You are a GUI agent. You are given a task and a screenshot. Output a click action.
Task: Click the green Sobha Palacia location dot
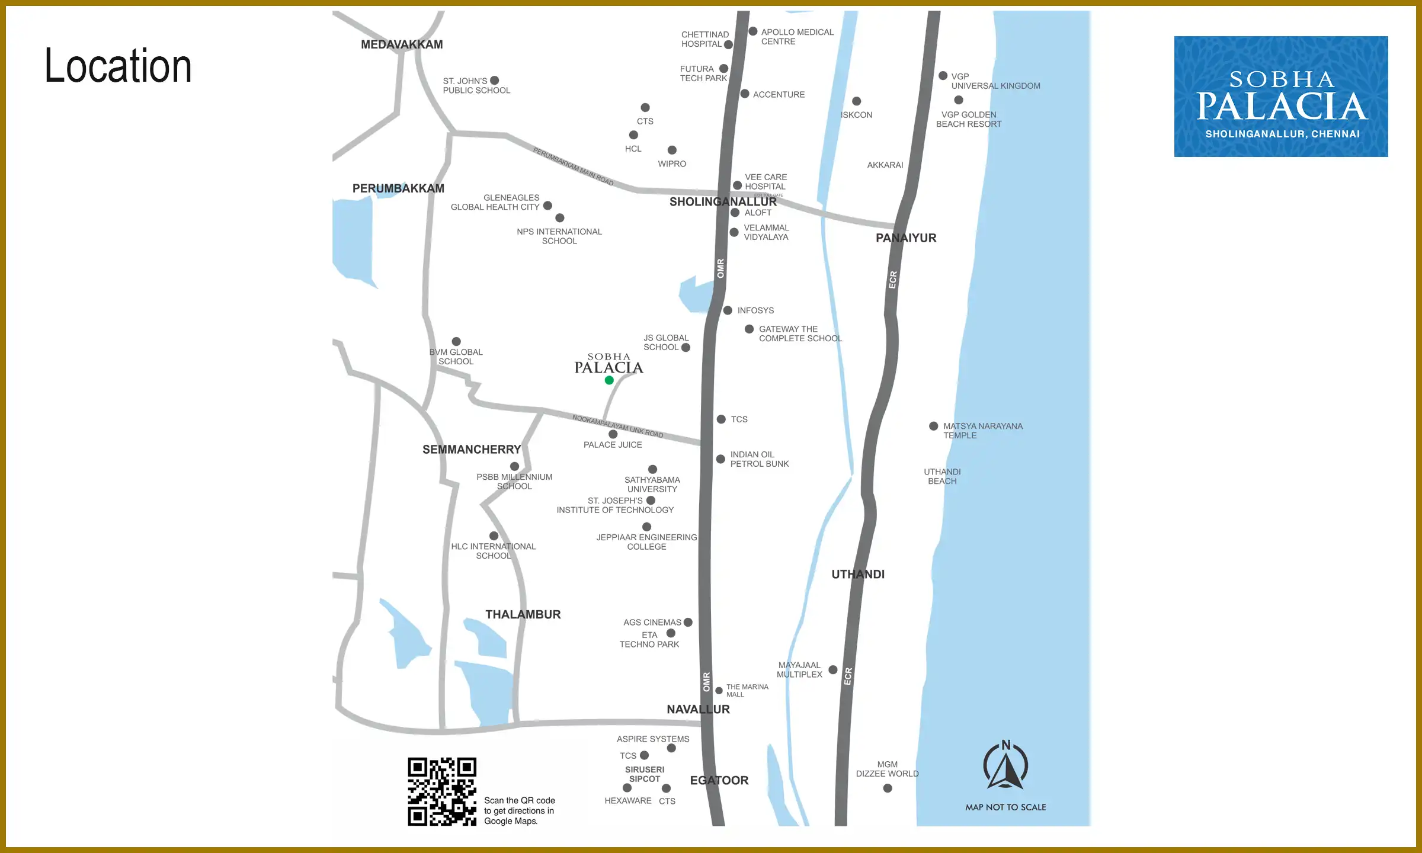[x=609, y=380]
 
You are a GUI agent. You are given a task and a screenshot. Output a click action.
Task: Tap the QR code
[x=442, y=791]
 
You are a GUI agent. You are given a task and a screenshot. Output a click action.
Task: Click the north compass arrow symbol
[x=1005, y=765]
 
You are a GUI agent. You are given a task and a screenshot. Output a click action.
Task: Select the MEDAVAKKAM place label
[x=402, y=44]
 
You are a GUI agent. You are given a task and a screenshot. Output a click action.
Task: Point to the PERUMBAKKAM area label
[x=398, y=188]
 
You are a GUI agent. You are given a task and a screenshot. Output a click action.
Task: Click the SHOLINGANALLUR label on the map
[x=723, y=202]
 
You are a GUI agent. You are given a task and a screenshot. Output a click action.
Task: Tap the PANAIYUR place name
[x=906, y=238]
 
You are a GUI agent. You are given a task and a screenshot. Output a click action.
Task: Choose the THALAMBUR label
[x=523, y=614]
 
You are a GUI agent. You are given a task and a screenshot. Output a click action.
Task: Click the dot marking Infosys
[x=728, y=310]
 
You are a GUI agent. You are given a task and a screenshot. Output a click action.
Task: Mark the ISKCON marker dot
[x=856, y=101]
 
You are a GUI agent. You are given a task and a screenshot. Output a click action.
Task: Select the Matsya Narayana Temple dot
[x=933, y=426]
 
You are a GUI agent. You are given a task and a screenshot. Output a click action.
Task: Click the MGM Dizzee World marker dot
[x=888, y=788]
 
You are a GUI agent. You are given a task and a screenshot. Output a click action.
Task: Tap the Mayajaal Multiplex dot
[x=833, y=670]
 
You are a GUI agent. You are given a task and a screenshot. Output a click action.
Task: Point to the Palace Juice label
[x=613, y=445]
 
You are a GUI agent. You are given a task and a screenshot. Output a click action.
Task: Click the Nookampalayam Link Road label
[x=617, y=426]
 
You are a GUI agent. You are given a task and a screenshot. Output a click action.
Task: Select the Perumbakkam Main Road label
[x=573, y=166]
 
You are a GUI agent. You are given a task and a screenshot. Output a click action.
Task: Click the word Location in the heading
[x=118, y=66]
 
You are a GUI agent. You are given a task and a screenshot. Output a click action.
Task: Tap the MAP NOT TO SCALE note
[x=1005, y=807]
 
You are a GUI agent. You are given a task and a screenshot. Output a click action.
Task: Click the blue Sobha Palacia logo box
[x=1280, y=97]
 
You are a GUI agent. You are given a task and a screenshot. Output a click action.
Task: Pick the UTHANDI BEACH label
[x=942, y=476]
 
